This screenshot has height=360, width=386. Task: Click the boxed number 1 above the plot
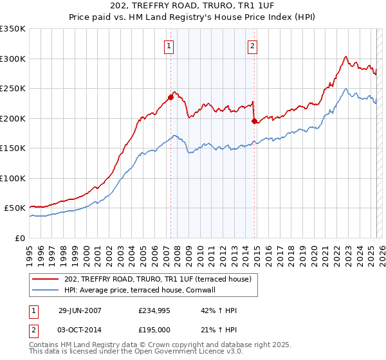tap(169, 46)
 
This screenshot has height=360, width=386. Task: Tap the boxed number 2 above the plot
tap(252, 46)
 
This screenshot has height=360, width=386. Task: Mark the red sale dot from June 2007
tap(171, 97)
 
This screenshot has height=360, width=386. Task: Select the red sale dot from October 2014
tap(254, 121)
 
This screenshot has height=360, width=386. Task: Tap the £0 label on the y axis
tap(19, 238)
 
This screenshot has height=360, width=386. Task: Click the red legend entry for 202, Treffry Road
tap(161, 278)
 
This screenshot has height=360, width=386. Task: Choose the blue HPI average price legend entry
tap(143, 290)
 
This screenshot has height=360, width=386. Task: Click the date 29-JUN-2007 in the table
tap(80, 310)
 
